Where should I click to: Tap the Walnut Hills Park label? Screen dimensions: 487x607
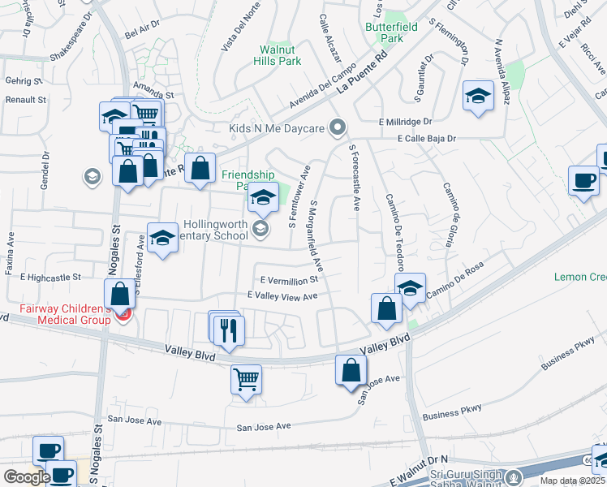coord(277,55)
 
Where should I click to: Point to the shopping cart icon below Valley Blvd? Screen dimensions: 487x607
coord(246,378)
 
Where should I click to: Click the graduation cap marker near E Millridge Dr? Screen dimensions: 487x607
coord(478,96)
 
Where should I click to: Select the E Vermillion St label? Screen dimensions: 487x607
coord(288,278)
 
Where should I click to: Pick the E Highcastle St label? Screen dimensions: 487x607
coord(51,277)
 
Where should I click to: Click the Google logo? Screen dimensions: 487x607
coord(27,477)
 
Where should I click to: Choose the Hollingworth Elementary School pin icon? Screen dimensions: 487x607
coord(260,228)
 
